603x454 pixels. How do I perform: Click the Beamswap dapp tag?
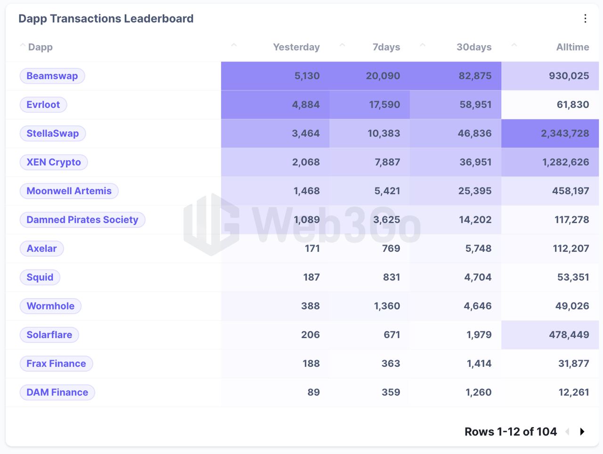(x=52, y=76)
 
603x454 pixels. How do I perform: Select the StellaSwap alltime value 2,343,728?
(x=565, y=133)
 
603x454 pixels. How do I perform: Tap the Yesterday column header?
(x=296, y=47)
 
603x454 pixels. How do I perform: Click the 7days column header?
(x=386, y=47)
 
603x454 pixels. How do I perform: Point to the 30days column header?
(x=474, y=47)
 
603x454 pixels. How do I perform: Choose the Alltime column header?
(x=572, y=47)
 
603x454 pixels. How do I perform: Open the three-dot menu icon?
(x=586, y=19)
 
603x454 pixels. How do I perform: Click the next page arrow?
(x=582, y=431)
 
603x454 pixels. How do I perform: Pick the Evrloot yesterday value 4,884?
(x=306, y=105)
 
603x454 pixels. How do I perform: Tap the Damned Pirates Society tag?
(x=82, y=220)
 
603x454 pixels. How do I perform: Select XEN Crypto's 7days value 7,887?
(x=387, y=162)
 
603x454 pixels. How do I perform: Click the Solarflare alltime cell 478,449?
(x=569, y=335)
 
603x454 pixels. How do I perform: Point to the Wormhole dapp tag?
(x=50, y=306)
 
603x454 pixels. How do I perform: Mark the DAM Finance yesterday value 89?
(x=313, y=392)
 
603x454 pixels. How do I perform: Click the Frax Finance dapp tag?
(x=57, y=364)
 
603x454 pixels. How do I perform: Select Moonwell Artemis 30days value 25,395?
(x=475, y=191)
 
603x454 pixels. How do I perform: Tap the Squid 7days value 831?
(x=391, y=277)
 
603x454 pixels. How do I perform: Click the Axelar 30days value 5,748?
(x=478, y=249)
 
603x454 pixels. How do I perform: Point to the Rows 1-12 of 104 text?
(x=510, y=432)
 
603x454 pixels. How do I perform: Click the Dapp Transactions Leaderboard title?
(x=106, y=19)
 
